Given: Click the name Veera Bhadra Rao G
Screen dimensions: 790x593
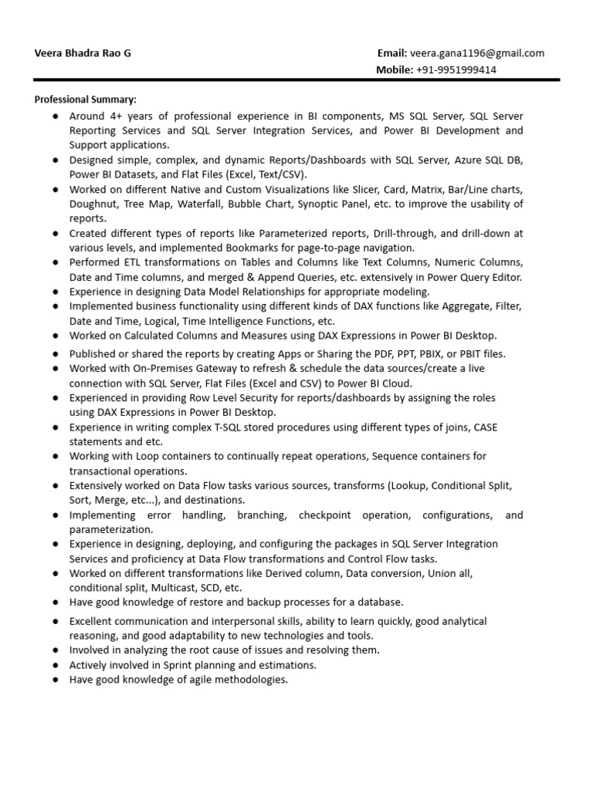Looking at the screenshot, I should coord(83,53).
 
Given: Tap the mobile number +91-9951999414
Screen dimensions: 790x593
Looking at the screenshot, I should coord(456,69).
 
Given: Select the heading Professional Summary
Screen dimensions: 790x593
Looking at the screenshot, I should coord(85,100).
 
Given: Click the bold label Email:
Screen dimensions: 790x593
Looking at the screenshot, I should coord(392,53).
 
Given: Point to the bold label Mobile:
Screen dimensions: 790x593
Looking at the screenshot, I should coord(395,69).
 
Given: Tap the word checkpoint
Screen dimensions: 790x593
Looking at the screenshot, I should coord(337,515).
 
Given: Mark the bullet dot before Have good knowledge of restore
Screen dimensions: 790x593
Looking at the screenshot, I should coord(57,603).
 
